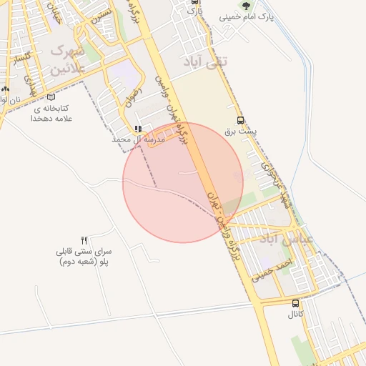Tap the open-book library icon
[50, 98]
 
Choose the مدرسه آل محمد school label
[138, 140]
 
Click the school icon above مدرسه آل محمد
[138, 129]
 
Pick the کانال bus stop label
[296, 314]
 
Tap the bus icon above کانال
[296, 302]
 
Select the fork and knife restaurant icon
[84, 240]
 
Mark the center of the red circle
[183, 182]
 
